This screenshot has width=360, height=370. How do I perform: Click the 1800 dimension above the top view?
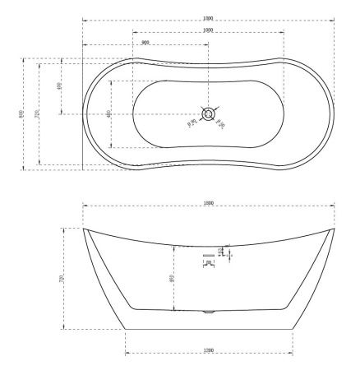(208, 16)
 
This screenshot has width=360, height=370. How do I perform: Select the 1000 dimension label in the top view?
(208, 30)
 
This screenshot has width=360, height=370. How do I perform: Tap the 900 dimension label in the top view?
(145, 42)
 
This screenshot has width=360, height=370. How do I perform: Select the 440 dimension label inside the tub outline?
(109, 113)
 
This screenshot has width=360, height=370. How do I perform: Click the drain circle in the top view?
(209, 113)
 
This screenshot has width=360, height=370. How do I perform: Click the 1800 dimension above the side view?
(208, 202)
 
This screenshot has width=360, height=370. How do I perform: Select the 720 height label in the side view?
(62, 280)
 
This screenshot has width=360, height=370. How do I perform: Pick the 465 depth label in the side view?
(171, 278)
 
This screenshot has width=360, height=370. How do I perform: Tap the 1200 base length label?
(208, 351)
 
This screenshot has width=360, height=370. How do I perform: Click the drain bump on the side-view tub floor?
(208, 312)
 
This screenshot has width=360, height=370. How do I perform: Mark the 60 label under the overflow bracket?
(209, 262)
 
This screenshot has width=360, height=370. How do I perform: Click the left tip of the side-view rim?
(84, 229)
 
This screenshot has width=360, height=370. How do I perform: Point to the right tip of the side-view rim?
(334, 229)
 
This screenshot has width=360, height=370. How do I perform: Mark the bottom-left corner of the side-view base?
(125, 329)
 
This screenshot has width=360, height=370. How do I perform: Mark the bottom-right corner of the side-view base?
(293, 329)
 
